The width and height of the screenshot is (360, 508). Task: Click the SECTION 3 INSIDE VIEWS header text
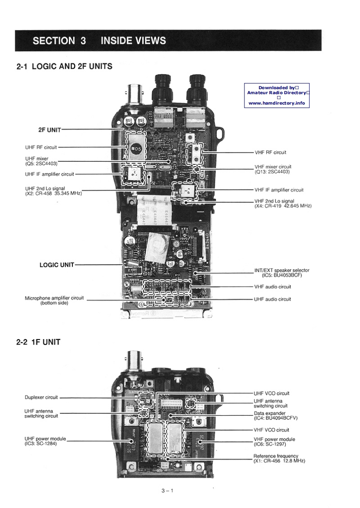(x=99, y=41)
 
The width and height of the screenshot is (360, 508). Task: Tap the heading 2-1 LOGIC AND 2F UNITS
(x=64, y=67)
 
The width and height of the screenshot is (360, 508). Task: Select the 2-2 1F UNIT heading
(x=38, y=342)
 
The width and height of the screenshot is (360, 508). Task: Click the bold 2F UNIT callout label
(x=49, y=129)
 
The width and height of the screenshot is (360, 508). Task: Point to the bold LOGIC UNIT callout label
(x=57, y=265)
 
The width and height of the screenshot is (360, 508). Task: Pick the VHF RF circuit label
(x=270, y=152)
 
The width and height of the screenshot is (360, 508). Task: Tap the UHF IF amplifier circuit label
(x=49, y=174)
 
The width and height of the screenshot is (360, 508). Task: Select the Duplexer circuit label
(x=41, y=398)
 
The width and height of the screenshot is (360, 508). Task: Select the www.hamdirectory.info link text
(x=277, y=103)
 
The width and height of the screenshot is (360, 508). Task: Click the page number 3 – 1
(x=167, y=490)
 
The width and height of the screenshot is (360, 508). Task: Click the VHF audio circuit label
(x=273, y=287)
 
